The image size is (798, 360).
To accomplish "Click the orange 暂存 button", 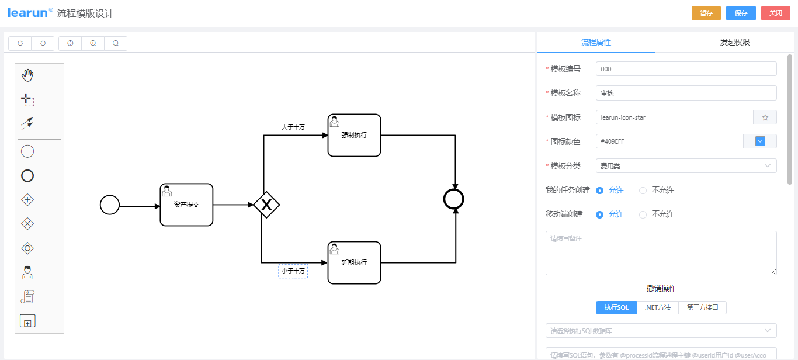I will (706, 13).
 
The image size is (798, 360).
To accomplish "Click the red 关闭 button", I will (775, 13).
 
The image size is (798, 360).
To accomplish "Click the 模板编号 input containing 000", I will (686, 69).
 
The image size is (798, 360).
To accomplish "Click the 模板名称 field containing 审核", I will (686, 93).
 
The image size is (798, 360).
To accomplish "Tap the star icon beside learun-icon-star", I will (765, 117).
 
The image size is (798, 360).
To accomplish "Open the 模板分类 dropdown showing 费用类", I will (686, 166).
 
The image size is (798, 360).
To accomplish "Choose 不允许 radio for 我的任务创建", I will (643, 191).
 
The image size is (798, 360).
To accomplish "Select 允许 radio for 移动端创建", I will (599, 214).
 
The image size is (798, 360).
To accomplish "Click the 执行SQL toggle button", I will (616, 307).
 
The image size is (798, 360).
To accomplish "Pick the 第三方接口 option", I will (702, 307).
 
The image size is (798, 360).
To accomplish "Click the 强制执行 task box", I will (354, 136).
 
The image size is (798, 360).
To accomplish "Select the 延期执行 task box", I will (354, 263).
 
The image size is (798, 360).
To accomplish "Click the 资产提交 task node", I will (186, 205).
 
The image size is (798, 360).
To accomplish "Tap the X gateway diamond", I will (266, 205).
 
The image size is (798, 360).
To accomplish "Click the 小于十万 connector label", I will (293, 271).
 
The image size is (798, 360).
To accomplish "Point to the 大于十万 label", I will (293, 127).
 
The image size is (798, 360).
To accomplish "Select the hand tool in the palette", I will (27, 75).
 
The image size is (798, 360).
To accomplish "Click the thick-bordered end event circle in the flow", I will (453, 199).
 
